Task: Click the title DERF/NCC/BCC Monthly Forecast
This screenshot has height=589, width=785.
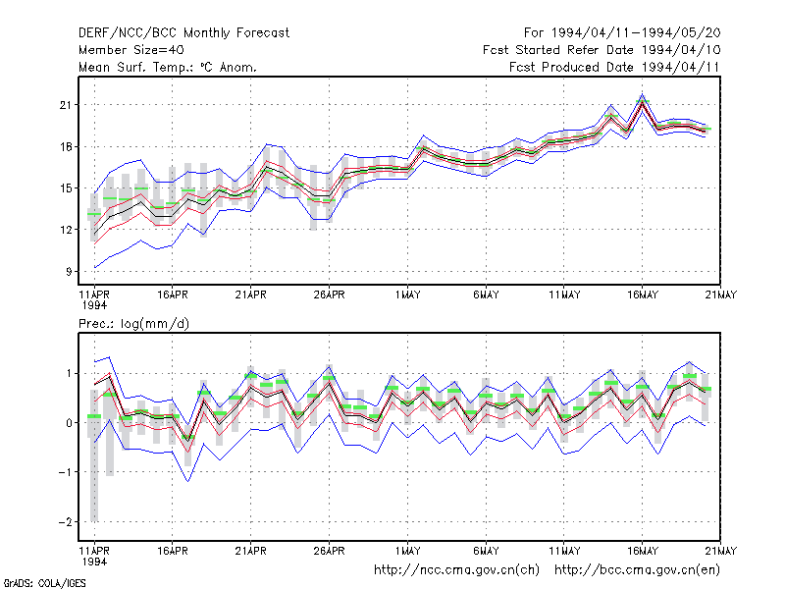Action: pos(183,33)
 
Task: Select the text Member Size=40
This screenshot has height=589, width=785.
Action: pos(131,50)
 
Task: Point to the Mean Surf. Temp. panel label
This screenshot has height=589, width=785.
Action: pos(167,67)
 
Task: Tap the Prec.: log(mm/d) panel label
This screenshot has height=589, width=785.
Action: pos(133,324)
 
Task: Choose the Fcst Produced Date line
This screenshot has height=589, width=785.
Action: pos(614,67)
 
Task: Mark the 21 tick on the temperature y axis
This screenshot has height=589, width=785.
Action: pos(66,105)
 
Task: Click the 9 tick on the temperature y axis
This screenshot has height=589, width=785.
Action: pos(69,272)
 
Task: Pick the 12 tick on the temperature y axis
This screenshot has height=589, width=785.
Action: pos(66,230)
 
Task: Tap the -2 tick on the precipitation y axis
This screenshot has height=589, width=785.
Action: pos(65,522)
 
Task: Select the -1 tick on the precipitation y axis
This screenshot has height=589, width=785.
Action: pos(65,472)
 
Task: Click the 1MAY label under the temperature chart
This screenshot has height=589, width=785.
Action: pos(407,295)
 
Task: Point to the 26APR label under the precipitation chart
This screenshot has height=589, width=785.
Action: pos(329,551)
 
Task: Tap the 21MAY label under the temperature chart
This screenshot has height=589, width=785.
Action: pos(721,295)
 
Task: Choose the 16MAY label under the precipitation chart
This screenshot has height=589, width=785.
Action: pos(643,551)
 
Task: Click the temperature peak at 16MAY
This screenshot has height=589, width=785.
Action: pos(643,94)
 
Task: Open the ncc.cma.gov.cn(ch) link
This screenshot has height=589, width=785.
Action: pos(456,570)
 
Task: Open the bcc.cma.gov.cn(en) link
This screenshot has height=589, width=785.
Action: pos(637,570)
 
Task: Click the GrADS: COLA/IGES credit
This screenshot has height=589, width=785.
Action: pos(44,583)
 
